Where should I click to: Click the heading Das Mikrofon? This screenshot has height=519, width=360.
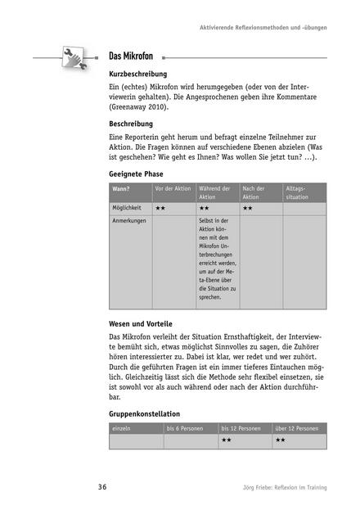pos(134,57)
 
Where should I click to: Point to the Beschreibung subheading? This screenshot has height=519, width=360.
pos(136,124)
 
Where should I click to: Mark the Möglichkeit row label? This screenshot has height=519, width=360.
pos(128,209)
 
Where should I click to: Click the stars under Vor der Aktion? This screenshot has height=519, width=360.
pos(161,209)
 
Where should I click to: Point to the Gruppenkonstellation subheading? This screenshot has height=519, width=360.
pos(144,413)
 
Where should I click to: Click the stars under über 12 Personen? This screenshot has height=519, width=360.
pos(280,440)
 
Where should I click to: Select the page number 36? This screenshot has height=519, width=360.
pos(102,488)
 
